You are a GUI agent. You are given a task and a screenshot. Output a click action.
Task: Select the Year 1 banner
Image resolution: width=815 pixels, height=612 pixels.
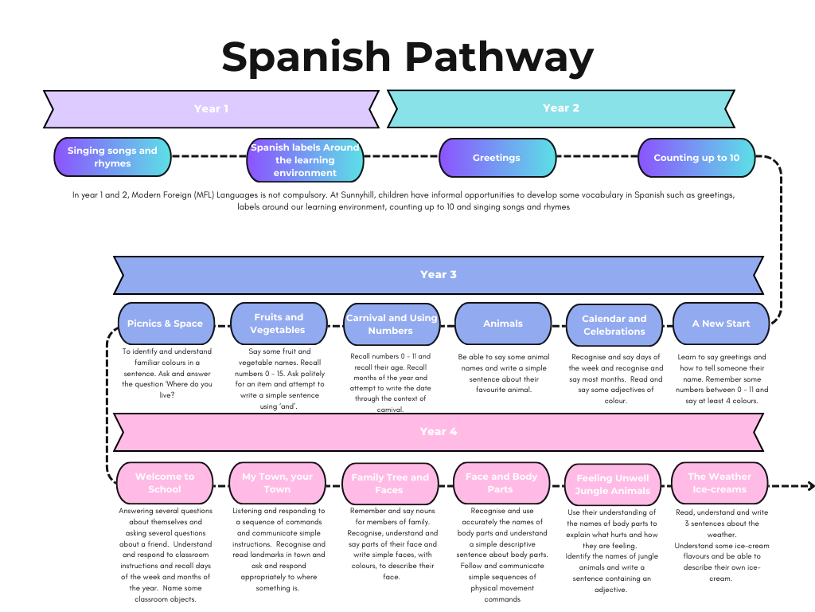[211, 108]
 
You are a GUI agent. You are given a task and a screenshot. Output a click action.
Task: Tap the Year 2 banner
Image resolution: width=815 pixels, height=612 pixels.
[561, 108]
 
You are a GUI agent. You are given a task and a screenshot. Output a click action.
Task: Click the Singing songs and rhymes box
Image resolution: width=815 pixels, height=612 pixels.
[112, 157]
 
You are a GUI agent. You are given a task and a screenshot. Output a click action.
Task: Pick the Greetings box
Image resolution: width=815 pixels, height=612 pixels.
[497, 158]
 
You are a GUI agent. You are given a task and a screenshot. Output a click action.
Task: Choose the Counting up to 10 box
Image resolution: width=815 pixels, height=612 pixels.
[696, 158]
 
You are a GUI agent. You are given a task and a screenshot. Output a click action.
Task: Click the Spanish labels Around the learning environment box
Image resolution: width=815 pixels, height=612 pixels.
[306, 159]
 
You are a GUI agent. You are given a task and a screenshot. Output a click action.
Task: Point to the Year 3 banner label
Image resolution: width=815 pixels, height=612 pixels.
[439, 275]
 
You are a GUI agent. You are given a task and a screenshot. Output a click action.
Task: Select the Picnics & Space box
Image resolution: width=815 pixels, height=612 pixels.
[166, 324]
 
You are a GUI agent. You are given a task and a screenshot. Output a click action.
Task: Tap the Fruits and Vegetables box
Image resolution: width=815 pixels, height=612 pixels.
[279, 324]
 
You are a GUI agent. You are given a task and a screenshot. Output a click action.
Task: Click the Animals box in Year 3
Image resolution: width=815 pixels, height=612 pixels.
[503, 324]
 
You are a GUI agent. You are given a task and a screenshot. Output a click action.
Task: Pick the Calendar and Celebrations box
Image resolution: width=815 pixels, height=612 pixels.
[614, 324]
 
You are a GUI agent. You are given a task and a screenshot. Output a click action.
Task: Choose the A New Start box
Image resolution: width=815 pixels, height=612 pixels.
[721, 324]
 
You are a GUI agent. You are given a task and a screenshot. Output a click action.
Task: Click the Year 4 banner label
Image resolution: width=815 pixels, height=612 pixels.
[439, 432]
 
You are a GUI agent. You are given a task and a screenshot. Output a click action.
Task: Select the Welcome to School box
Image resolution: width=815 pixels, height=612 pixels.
[165, 483]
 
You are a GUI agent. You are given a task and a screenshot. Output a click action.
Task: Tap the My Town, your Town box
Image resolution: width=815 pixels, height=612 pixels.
[277, 483]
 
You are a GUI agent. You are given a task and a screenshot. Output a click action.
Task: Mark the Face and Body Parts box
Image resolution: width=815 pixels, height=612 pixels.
[501, 483]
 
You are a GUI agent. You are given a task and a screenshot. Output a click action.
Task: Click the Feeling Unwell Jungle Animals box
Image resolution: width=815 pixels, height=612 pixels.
[613, 484]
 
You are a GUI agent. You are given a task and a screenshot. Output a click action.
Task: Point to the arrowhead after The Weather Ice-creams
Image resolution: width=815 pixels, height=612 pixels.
[810, 486]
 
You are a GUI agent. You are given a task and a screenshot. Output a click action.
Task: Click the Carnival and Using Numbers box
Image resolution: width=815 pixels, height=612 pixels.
[391, 324]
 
